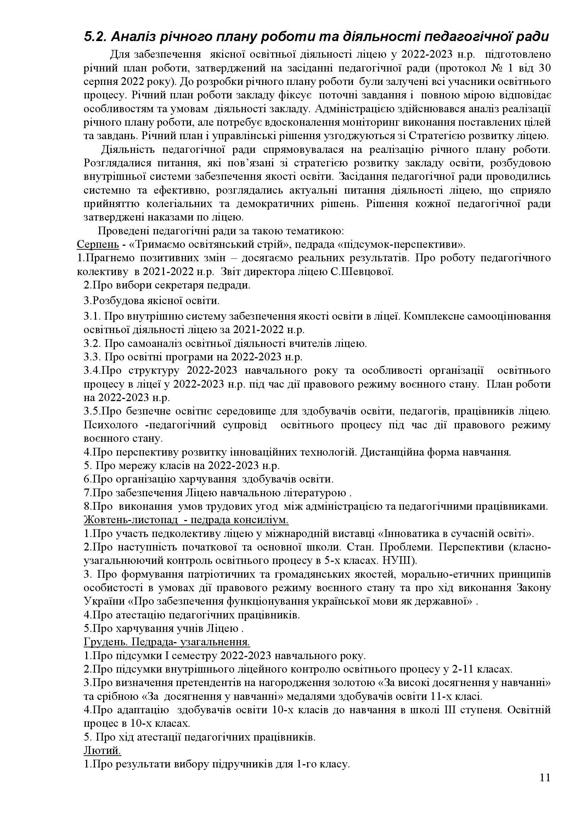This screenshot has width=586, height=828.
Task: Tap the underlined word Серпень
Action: point(98,245)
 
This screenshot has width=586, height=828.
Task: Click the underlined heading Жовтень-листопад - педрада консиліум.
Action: point(186,520)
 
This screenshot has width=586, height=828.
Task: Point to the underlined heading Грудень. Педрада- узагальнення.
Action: point(167,642)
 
